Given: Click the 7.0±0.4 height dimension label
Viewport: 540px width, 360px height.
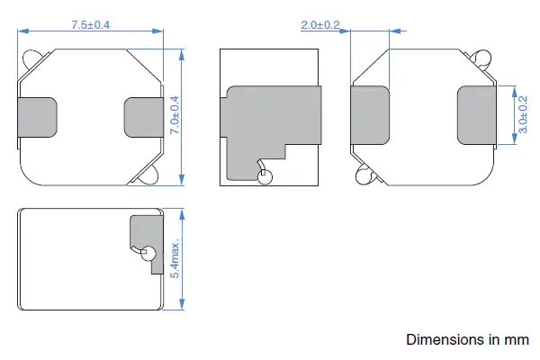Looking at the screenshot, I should pos(175,116).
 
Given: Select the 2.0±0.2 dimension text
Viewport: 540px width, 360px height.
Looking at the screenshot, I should pos(320,25).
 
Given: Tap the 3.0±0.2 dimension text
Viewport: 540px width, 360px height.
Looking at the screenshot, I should pos(523,117).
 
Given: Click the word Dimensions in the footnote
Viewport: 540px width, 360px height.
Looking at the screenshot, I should pos(446,340).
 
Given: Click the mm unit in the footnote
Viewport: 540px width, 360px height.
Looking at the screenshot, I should pos(517,340).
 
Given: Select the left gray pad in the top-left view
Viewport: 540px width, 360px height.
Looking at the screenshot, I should pos(37,117).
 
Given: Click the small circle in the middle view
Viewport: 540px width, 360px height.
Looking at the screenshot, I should pos(265,177).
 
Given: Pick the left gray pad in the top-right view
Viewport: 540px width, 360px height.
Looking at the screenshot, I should pos(369,115).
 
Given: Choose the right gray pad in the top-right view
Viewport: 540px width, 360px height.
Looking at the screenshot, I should pos(477,115).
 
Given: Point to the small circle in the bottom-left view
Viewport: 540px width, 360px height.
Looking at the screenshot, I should pos(148,253).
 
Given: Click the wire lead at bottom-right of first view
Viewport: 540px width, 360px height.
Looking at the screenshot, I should pos(149,174).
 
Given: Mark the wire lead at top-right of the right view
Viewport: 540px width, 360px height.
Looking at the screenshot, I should pos(483,59).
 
